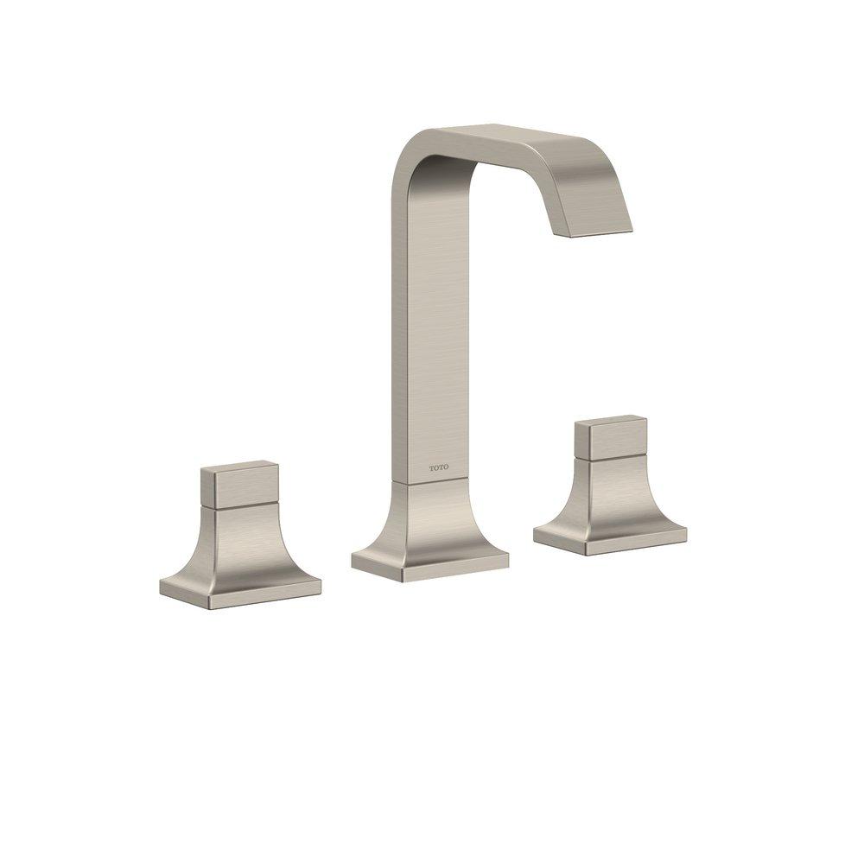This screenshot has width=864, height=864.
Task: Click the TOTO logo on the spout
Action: click(439, 468)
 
